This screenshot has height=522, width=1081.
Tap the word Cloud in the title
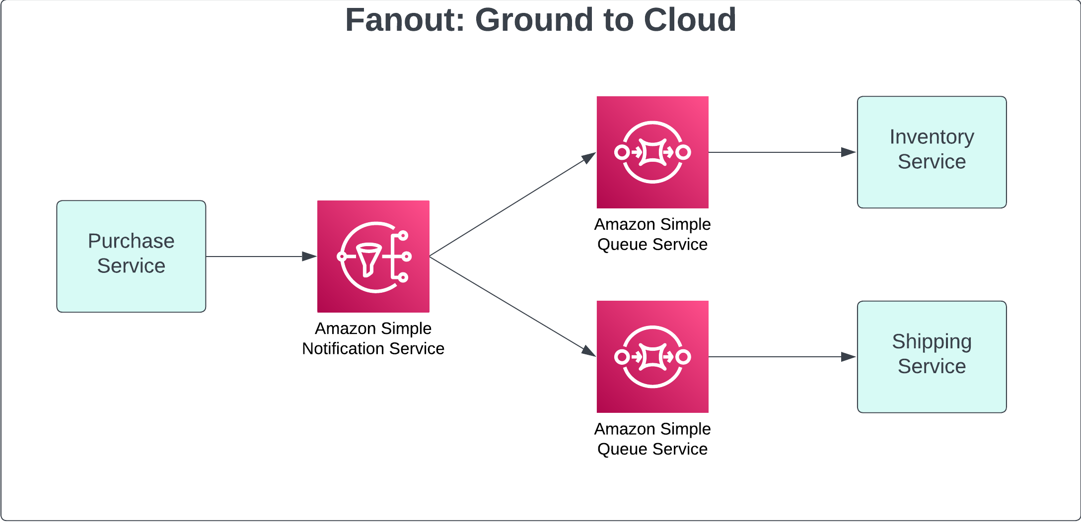pos(690,20)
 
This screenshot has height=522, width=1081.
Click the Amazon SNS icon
pos(373,257)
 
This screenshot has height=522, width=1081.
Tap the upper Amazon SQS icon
pos(652,152)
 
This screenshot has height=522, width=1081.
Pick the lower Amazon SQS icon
pos(652,357)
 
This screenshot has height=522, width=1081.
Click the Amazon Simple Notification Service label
pos(373,338)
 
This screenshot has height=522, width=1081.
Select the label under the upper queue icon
pos(652,234)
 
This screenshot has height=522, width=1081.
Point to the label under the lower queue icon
pos(652,439)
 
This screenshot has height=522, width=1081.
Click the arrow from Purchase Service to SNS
pos(258,257)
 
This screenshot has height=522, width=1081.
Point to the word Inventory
pos(932,137)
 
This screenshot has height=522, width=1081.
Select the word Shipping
pos(932,342)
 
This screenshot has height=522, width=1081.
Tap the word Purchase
pos(131,241)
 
